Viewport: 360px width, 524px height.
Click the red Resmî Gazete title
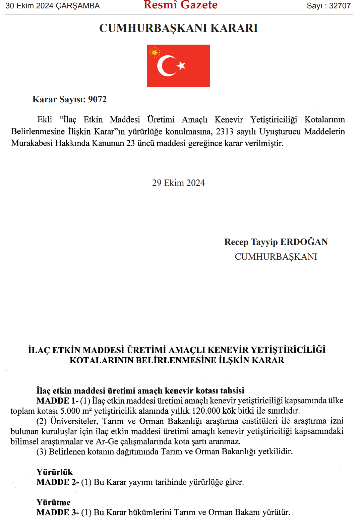click(x=180, y=5)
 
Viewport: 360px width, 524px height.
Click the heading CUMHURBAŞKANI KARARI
click(x=178, y=28)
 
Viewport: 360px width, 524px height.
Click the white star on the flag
click(x=181, y=65)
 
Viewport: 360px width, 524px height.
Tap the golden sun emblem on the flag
click(x=155, y=52)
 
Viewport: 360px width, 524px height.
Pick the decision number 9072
click(x=97, y=99)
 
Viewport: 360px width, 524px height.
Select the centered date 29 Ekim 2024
click(x=178, y=183)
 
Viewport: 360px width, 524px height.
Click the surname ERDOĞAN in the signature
click(x=304, y=242)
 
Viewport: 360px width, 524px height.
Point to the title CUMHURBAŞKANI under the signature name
click(x=276, y=257)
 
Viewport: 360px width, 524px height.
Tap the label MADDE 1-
click(x=57, y=401)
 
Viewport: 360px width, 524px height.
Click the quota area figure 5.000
click(x=70, y=411)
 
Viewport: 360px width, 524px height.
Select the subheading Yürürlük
click(x=54, y=472)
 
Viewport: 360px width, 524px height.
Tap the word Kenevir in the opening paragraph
click(x=229, y=120)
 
